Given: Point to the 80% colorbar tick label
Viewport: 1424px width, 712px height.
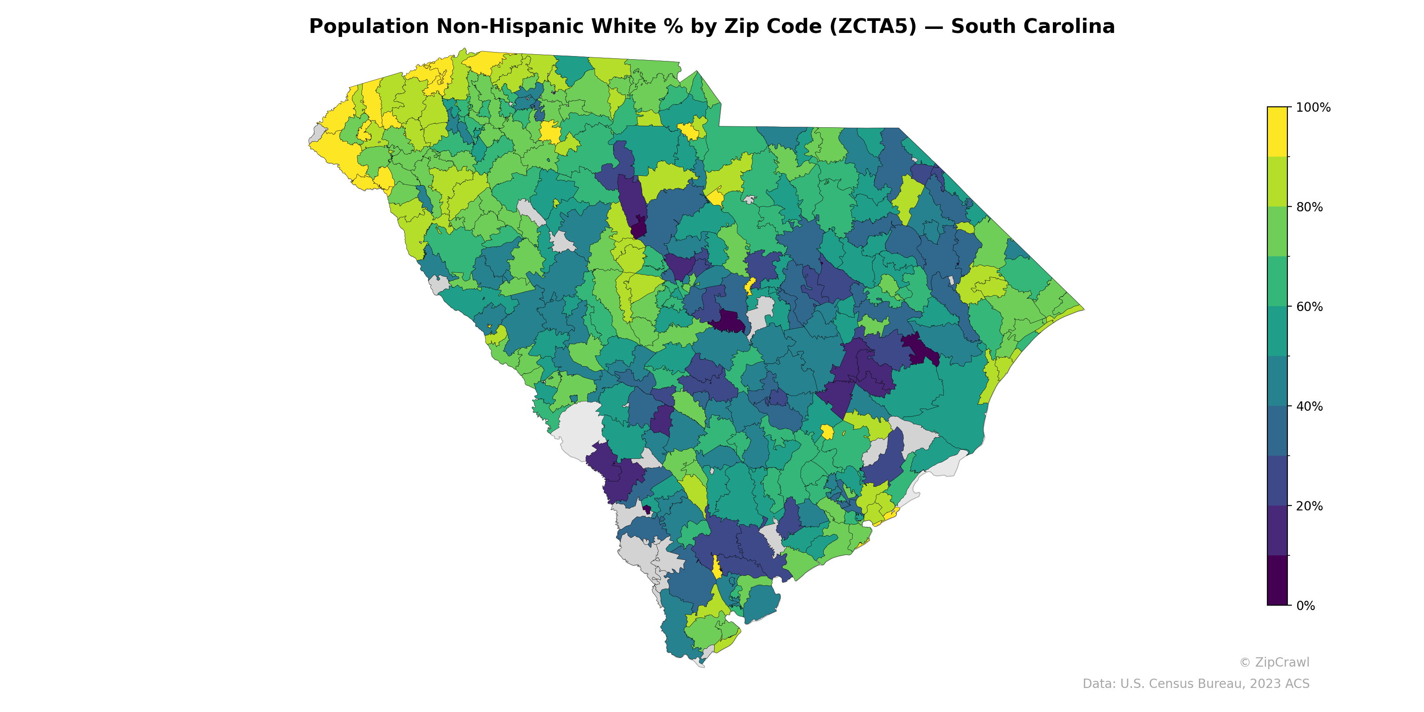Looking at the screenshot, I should click(x=1310, y=207).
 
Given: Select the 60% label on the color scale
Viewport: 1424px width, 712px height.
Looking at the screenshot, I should click(x=1310, y=307).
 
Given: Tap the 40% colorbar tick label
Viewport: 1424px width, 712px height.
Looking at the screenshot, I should click(x=1310, y=406).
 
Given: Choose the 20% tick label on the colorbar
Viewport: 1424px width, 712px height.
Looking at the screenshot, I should click(x=1310, y=506).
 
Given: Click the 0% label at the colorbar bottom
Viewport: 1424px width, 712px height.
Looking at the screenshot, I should click(x=1306, y=606).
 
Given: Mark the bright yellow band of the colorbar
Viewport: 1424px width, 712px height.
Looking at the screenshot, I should click(x=1277, y=132).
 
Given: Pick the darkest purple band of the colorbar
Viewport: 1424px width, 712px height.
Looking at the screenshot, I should click(x=1277, y=580).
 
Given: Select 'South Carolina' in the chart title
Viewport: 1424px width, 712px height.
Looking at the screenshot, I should click(x=1032, y=27).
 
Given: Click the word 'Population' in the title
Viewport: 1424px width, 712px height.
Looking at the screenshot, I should click(x=369, y=27).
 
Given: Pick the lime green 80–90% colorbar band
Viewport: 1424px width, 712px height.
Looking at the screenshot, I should click(x=1277, y=181).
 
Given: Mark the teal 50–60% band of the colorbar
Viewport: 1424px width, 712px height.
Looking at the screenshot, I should click(x=1277, y=331).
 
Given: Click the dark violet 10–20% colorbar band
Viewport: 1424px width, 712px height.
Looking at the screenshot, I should click(x=1277, y=531).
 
